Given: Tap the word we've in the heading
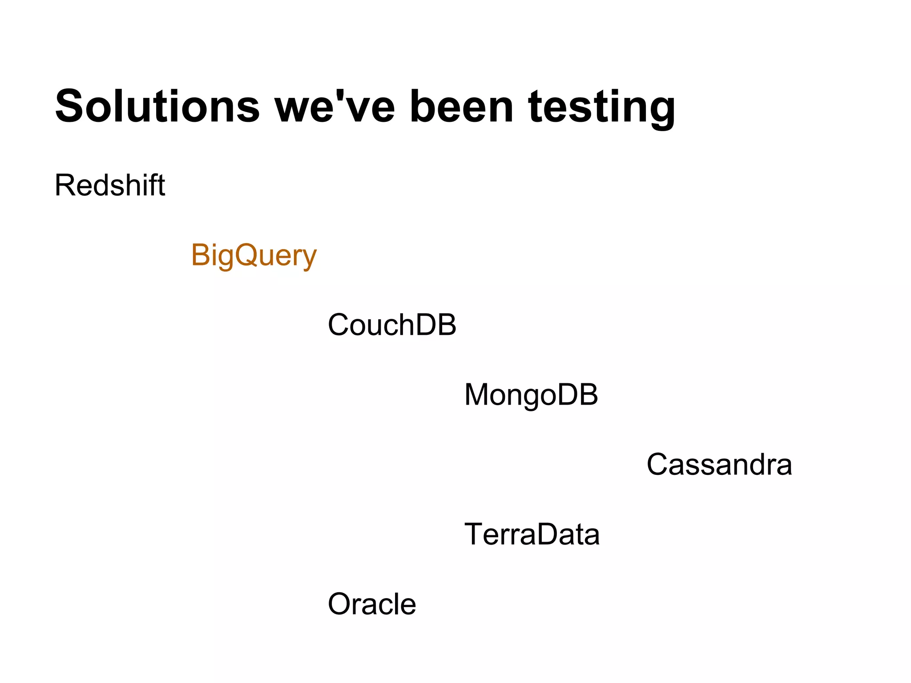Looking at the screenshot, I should pos(335,107).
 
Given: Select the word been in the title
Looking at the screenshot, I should pos(462,107).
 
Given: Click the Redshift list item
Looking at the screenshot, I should pos(110,185).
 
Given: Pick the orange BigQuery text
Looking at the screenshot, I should pos(254,256).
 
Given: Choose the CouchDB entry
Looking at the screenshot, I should pos(392,325).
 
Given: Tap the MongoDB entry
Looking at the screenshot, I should pos(531,395).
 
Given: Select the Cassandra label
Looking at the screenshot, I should pos(719,465).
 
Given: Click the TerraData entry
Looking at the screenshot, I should pos(532,534).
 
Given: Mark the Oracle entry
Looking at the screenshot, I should pos(372,604).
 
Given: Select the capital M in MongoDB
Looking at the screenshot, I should pos(477,394).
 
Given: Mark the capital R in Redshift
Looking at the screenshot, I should pos(65,185).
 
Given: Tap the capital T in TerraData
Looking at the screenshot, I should pos(474,534).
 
